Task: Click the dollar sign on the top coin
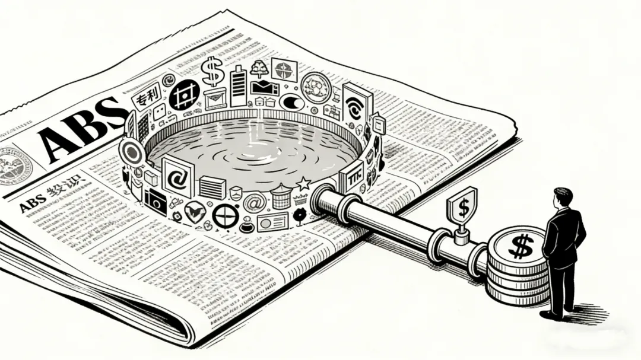tap(521, 245)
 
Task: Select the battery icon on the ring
tap(238, 87)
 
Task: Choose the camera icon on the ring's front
tap(156, 201)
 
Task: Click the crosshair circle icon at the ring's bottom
tap(226, 216)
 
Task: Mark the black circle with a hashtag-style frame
tap(184, 95)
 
